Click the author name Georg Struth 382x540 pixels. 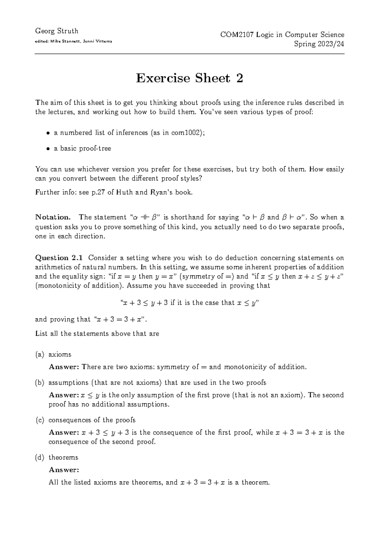coord(57,31)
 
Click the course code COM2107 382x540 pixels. coord(236,35)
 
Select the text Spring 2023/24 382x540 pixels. coord(319,44)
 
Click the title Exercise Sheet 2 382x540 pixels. coord(189,78)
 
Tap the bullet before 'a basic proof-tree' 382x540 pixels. coord(48,149)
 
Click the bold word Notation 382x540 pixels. coord(53,217)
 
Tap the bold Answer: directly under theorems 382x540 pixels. coord(63,470)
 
